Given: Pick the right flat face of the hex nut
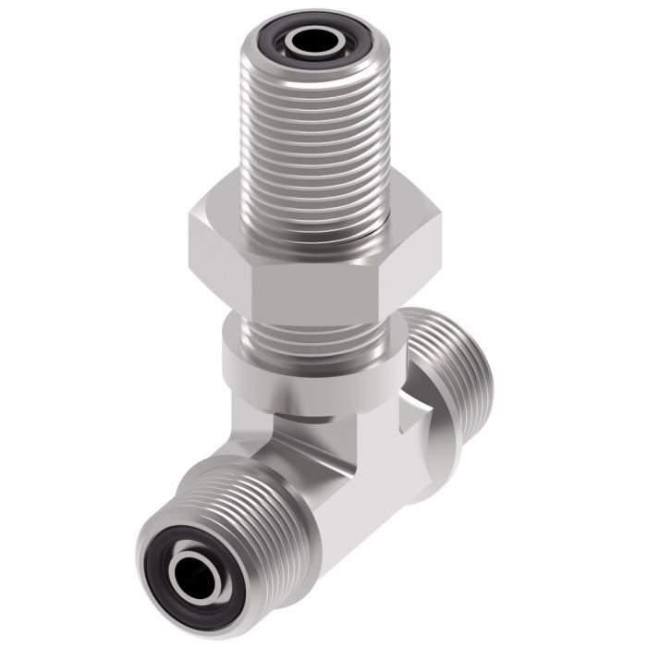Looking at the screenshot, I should [x=411, y=250].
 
